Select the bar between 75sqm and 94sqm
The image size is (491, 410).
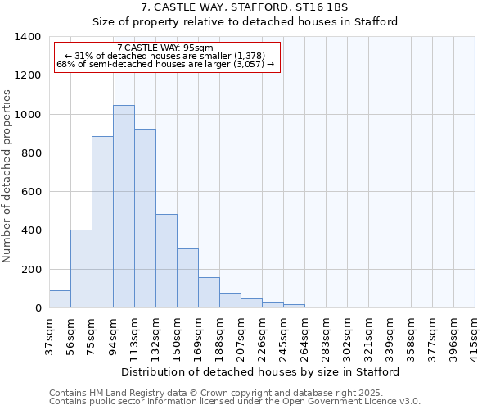102,222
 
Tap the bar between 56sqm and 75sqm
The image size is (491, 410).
81,269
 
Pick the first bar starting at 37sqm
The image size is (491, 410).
60,299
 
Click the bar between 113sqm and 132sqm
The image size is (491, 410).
145,218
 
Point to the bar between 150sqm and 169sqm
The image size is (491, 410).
187,279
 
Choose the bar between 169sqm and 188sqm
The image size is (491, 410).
209,293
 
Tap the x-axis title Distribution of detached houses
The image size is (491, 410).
261,371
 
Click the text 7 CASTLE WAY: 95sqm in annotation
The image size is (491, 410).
165,48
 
